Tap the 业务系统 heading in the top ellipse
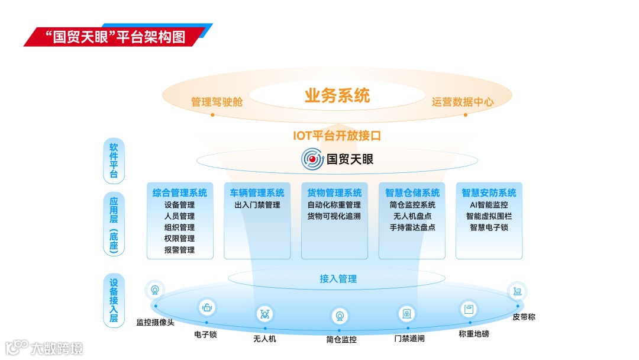337,95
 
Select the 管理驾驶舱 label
217,102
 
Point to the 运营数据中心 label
463,102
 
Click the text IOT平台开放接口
337,135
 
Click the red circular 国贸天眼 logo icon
312,159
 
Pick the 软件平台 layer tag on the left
114,159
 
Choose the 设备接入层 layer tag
114,301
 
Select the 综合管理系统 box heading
180,192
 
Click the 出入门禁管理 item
257,205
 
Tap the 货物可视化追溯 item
334,216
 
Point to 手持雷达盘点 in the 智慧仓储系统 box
412,227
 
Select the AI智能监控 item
489,205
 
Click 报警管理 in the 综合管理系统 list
180,250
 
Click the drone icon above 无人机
264,314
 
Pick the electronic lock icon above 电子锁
206,307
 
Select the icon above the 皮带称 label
517,291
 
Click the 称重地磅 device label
473,334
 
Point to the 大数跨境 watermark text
57,348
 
